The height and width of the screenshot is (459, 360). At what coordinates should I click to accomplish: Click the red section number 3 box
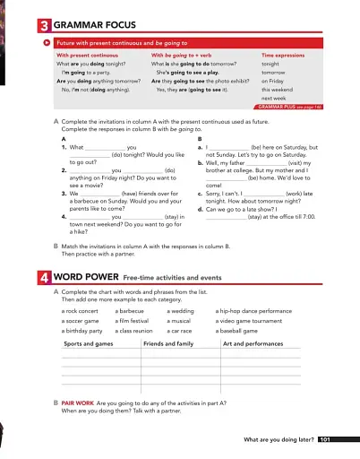tap(46, 28)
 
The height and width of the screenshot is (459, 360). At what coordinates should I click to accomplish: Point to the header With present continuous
tap(85, 56)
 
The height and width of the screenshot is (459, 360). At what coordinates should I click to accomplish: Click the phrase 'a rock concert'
tap(81, 311)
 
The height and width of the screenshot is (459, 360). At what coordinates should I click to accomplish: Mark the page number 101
tap(325, 440)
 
